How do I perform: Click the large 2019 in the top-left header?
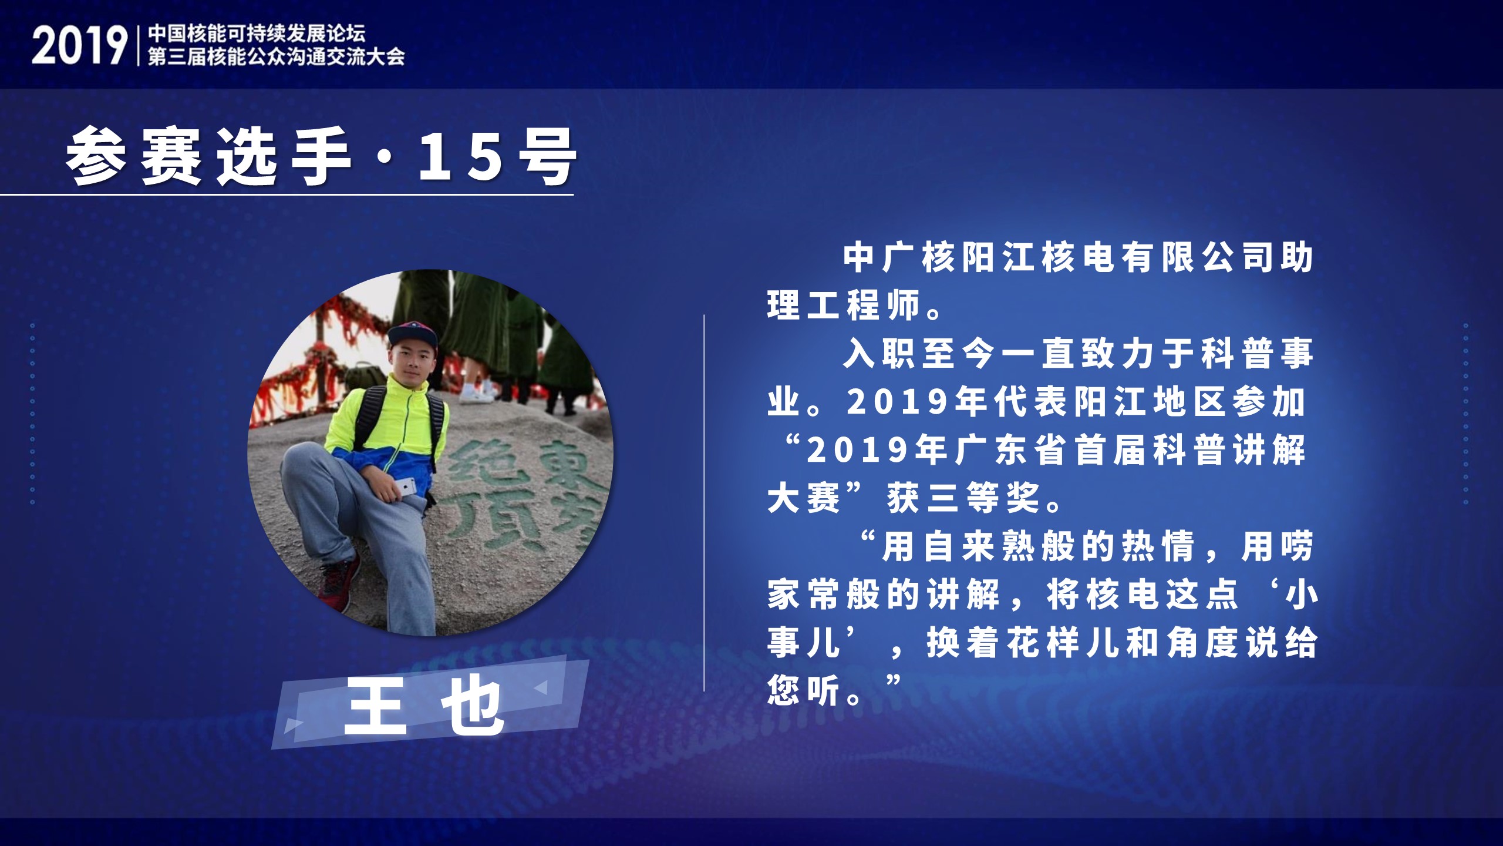[79, 46]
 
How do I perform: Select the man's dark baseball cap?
[412, 334]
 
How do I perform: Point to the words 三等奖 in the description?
[966, 498]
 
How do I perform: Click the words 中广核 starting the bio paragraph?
[901, 258]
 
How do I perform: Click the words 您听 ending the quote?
[804, 691]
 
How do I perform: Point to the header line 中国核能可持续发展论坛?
[257, 33]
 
